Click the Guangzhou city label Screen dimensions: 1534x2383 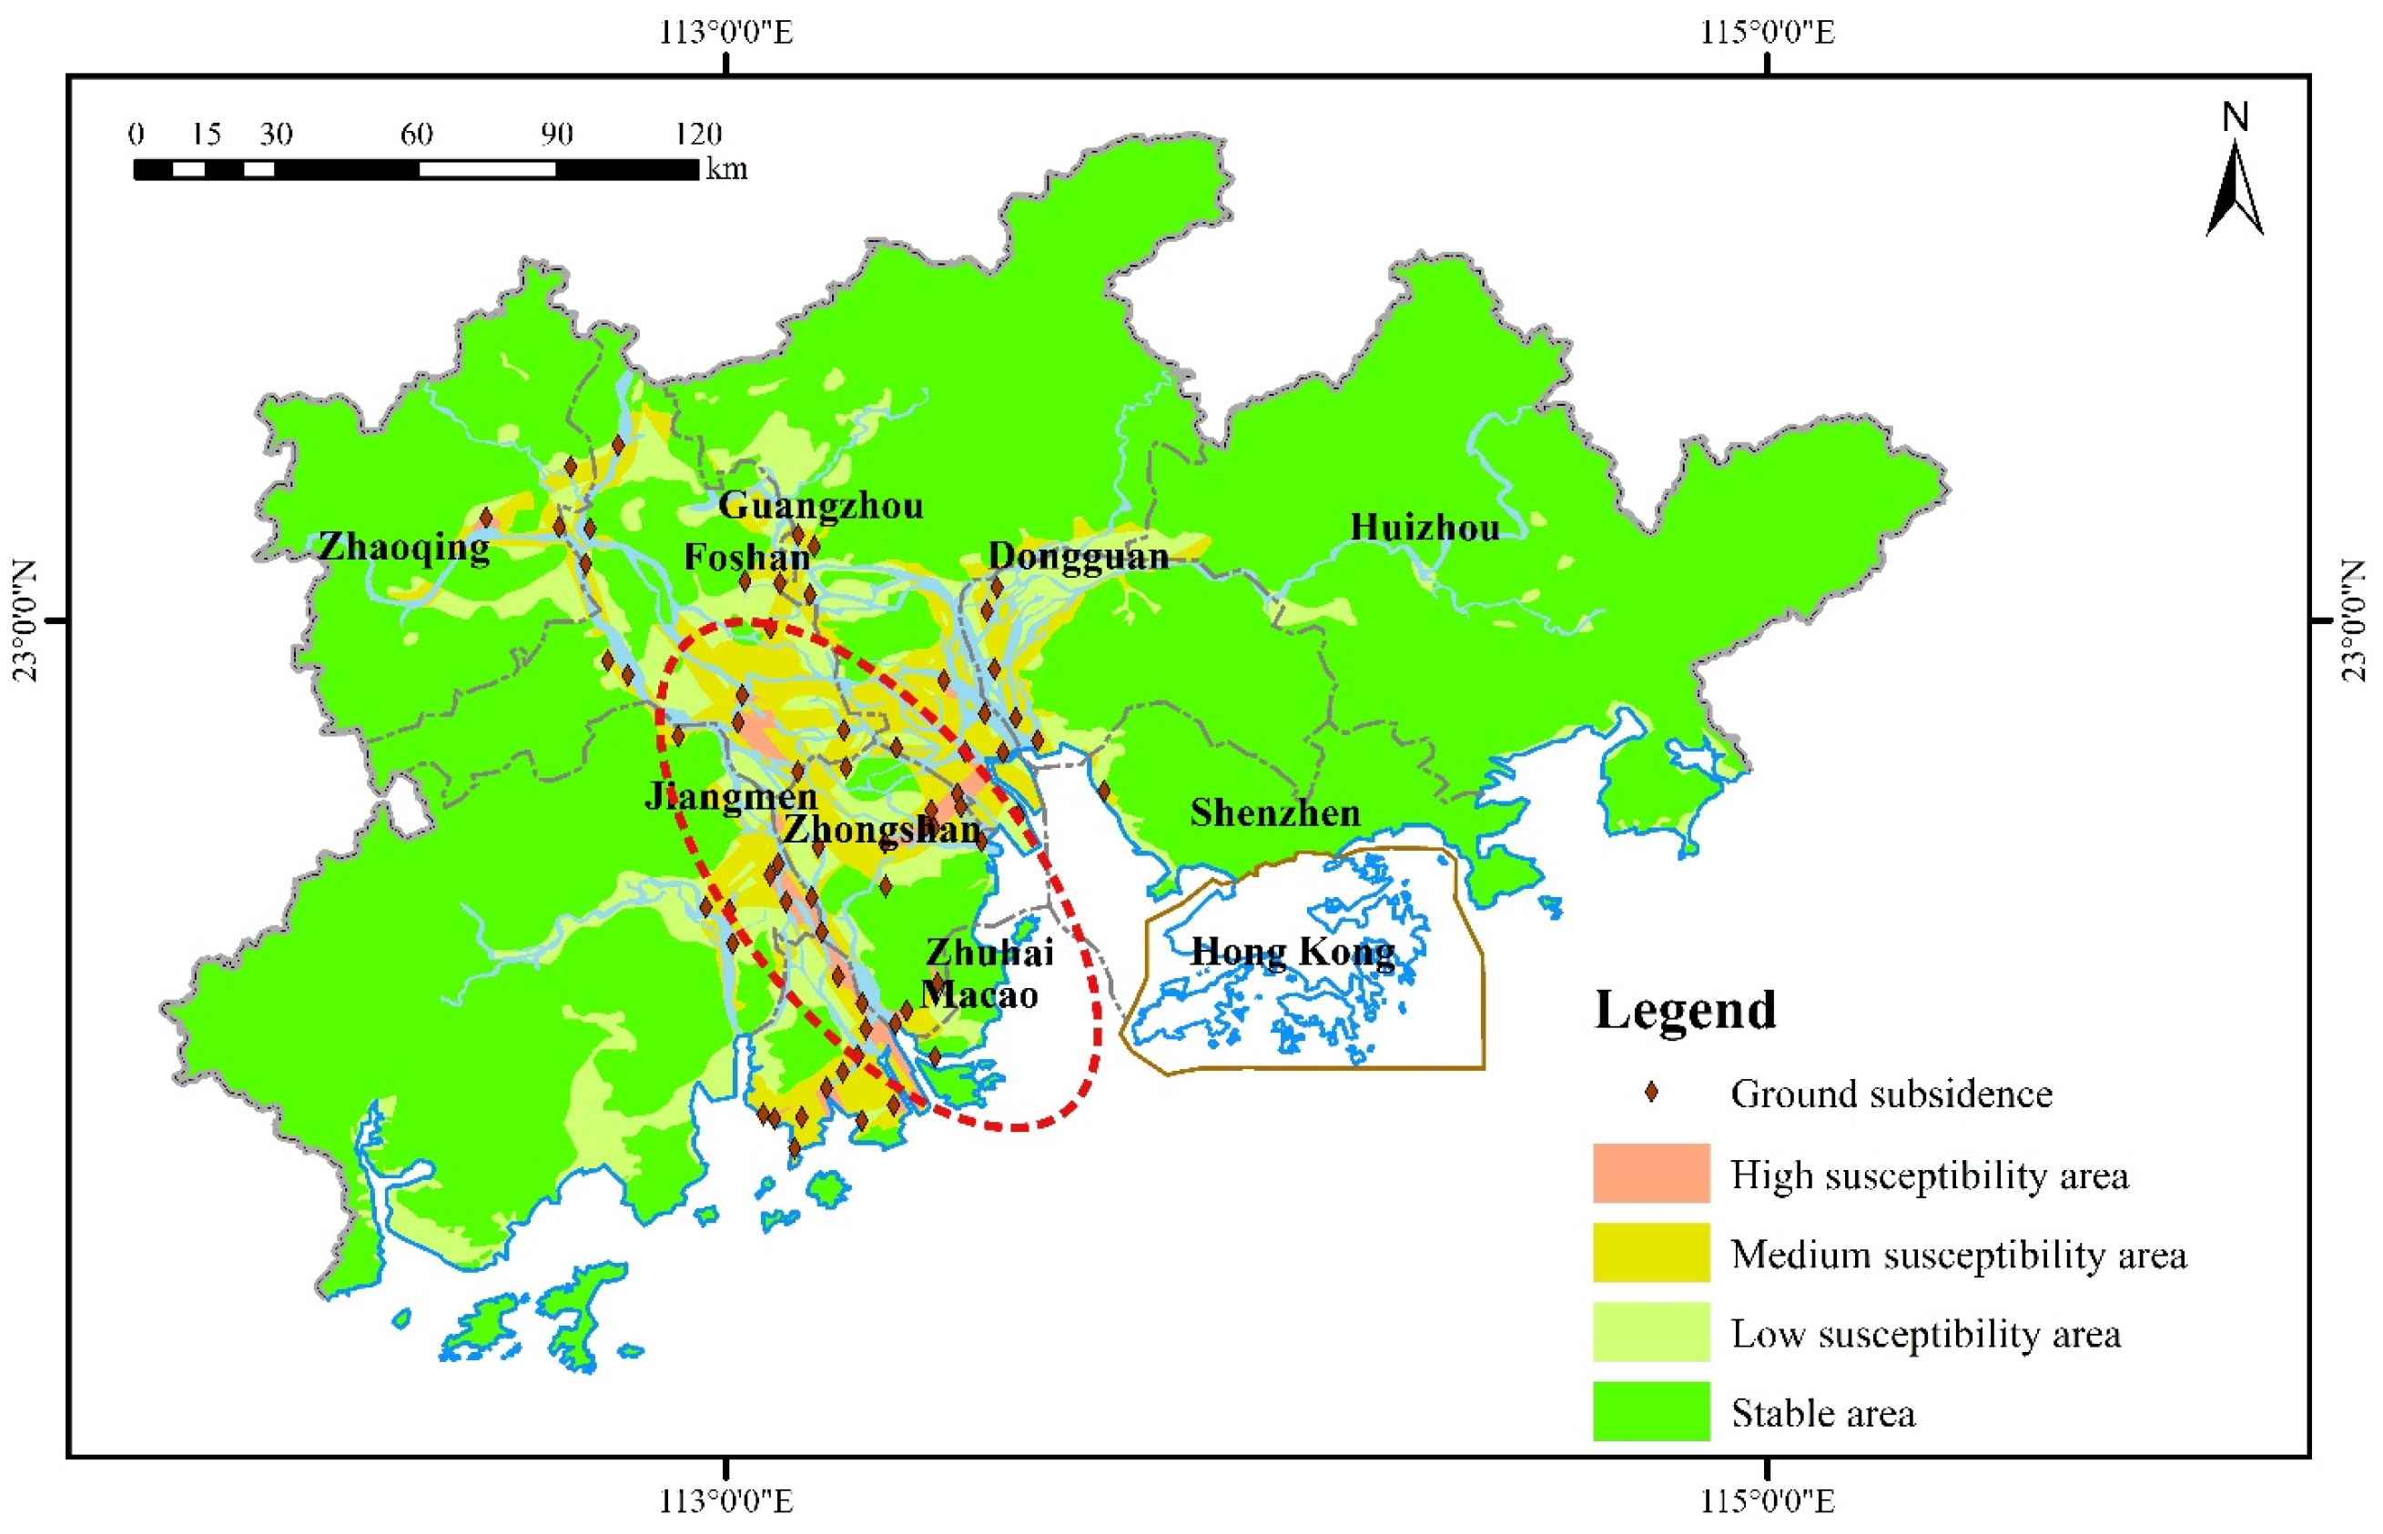point(821,506)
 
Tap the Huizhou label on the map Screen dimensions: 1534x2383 point(1424,527)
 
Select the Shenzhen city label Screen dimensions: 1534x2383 point(1274,812)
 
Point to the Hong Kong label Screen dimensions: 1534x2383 point(1293,953)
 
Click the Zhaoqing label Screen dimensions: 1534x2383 point(403,547)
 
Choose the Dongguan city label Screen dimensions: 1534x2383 point(1078,556)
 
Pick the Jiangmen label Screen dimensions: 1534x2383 point(730,796)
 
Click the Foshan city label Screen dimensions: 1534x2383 point(746,557)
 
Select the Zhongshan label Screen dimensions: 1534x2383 point(881,829)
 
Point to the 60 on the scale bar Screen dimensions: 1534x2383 point(415,135)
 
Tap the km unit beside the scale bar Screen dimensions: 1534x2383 point(726,168)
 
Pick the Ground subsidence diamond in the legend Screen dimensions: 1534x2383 point(1651,1093)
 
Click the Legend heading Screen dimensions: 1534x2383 point(1685,1010)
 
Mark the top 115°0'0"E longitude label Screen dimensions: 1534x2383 point(1767,32)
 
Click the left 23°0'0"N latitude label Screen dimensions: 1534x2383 point(25,621)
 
